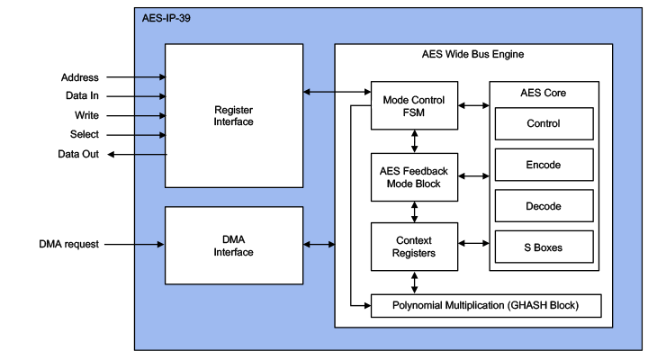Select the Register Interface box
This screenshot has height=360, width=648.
pyautogui.click(x=233, y=115)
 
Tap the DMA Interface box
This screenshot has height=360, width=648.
pyautogui.click(x=233, y=246)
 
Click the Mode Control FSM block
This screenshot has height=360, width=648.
pyautogui.click(x=414, y=105)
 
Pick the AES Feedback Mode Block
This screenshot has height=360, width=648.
pyautogui.click(x=414, y=176)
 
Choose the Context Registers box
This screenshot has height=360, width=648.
pyautogui.click(x=414, y=247)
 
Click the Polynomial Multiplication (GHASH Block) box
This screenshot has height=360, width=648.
pyautogui.click(x=486, y=306)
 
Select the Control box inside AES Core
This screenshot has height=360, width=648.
pyautogui.click(x=543, y=123)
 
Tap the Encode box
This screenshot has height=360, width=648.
pyautogui.click(x=543, y=165)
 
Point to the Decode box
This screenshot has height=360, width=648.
pyautogui.click(x=543, y=206)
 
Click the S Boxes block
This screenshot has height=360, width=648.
pyautogui.click(x=543, y=247)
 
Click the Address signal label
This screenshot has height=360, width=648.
pyautogui.click(x=80, y=77)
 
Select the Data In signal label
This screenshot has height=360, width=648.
pyautogui.click(x=82, y=96)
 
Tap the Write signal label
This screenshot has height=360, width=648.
pyautogui.click(x=86, y=115)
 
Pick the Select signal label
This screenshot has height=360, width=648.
pyautogui.click(x=85, y=135)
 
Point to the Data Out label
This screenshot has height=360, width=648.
pyautogui.click(x=79, y=155)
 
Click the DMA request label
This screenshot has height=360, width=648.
pyautogui.click(x=68, y=244)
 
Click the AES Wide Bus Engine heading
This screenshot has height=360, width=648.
pyautogui.click(x=472, y=55)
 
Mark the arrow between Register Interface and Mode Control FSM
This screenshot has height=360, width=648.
pyautogui.click(x=337, y=91)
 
